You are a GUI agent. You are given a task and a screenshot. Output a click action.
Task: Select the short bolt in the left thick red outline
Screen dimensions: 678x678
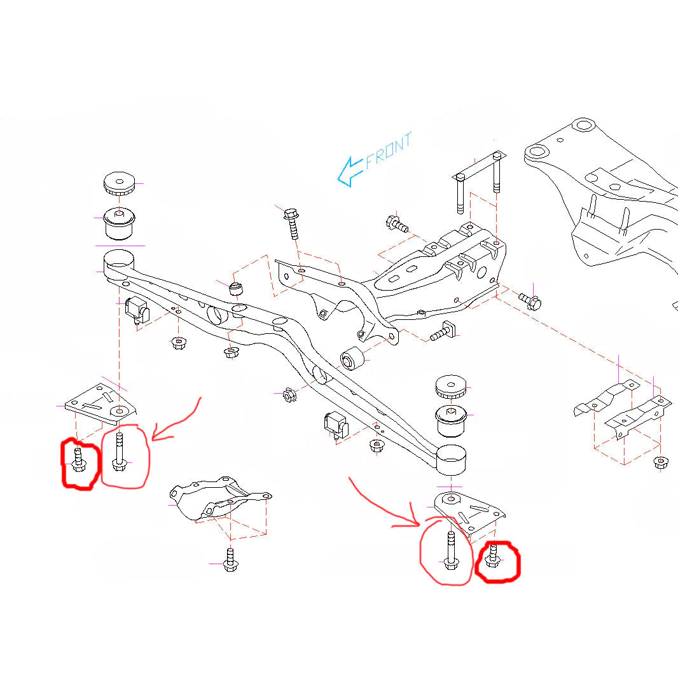[x=78, y=460]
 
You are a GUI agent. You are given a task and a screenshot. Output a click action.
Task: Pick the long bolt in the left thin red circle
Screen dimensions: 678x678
[x=118, y=452]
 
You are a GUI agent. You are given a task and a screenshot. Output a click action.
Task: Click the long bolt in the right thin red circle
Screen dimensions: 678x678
[x=450, y=550]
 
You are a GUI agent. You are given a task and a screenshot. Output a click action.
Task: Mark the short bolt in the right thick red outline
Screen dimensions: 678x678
[x=491, y=557]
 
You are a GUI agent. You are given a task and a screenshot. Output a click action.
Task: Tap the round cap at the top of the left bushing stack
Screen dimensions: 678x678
[x=120, y=183]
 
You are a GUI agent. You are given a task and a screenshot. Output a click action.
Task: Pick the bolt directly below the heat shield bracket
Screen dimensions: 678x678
[x=230, y=559]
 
